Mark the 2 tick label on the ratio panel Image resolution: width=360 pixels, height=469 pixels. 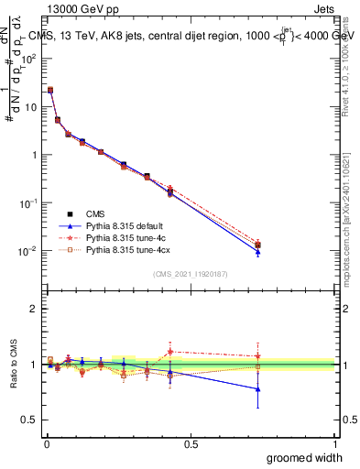[x=34, y=309]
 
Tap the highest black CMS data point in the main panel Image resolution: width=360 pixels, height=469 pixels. [x=50, y=90]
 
